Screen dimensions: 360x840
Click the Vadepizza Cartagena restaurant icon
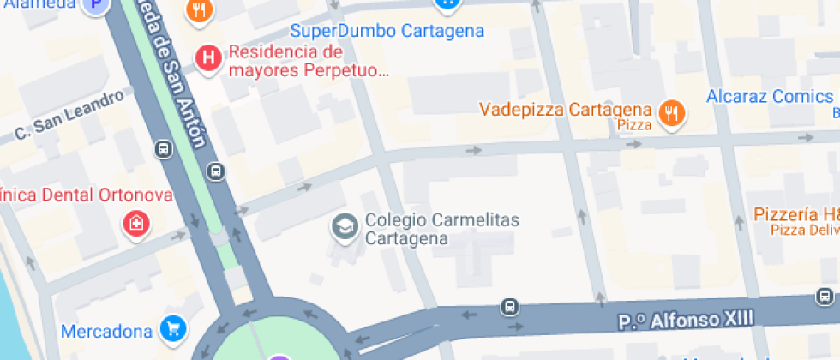point(672,112)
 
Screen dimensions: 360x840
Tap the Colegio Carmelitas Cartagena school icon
point(345,227)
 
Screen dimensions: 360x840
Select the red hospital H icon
point(207,58)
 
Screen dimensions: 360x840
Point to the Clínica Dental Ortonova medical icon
point(135,225)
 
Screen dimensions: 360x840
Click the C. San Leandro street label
point(69,115)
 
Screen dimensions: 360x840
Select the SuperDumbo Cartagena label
point(387,32)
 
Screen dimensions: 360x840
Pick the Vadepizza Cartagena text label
point(566,110)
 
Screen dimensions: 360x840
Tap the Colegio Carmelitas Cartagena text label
point(441,229)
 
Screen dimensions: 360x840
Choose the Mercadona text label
point(106,330)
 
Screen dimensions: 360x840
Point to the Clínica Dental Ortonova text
point(86,195)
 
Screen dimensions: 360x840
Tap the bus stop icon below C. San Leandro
point(163,150)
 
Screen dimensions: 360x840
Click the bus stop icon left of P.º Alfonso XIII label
point(510,306)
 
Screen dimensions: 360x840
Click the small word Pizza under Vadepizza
point(634,126)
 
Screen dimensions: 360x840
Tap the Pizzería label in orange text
point(795,214)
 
